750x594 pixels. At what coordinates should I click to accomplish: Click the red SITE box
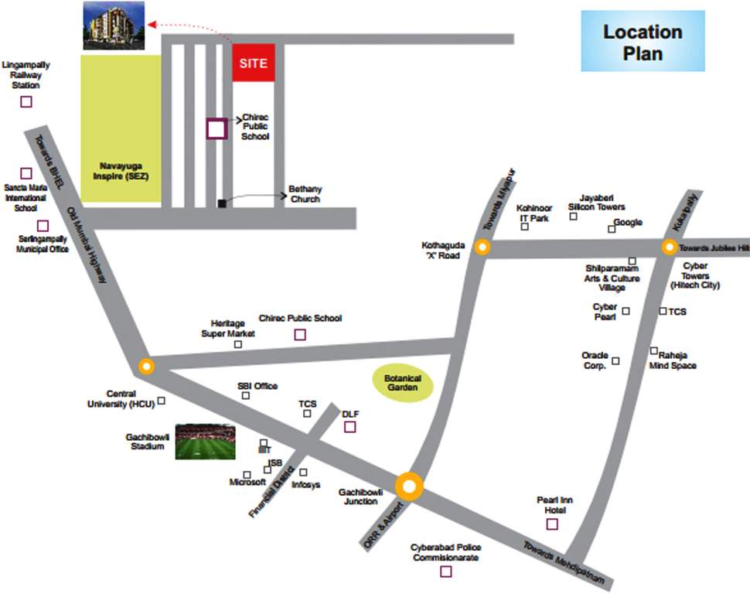(x=254, y=62)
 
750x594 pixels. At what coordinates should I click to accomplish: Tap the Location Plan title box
(x=643, y=42)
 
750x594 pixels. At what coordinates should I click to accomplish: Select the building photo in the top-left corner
(x=113, y=25)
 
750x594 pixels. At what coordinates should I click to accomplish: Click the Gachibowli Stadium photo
(x=205, y=442)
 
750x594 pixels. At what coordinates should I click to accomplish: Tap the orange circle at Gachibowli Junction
(x=410, y=486)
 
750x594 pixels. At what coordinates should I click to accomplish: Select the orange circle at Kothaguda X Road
(x=482, y=247)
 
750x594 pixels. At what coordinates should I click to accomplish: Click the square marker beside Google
(x=611, y=228)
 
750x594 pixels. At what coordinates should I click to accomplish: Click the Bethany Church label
(x=305, y=193)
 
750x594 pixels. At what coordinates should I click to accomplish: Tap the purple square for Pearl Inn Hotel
(x=552, y=524)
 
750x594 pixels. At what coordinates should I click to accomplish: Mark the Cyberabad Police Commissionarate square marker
(x=445, y=572)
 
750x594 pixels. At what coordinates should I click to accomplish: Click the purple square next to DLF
(x=350, y=426)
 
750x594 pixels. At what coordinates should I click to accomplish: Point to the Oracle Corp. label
(x=595, y=360)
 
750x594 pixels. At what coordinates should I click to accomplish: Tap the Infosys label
(x=305, y=485)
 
